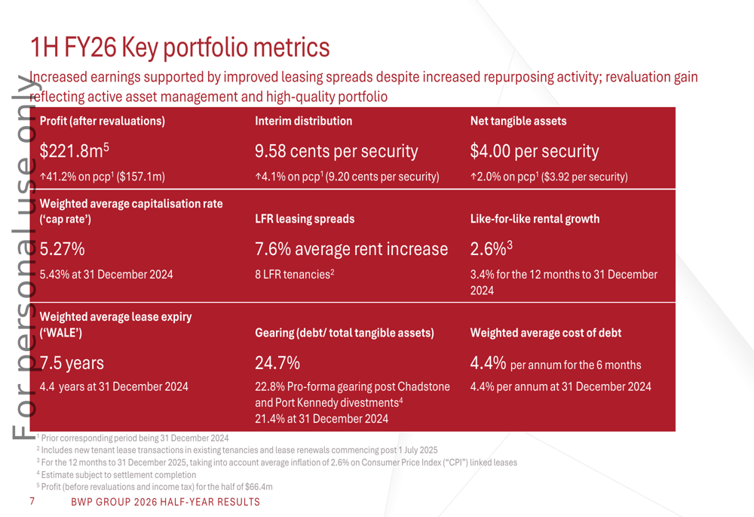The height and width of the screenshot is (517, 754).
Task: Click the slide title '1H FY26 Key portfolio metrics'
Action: pyautogui.click(x=179, y=48)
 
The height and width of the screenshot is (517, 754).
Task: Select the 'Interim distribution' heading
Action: pyautogui.click(x=303, y=121)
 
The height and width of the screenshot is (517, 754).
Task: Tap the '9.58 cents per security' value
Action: pyautogui.click(x=336, y=152)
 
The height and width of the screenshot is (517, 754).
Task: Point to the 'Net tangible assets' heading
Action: pyautogui.click(x=518, y=121)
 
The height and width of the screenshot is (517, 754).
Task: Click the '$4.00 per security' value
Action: pyautogui.click(x=535, y=152)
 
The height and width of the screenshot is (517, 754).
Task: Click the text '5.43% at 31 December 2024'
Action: pyautogui.click(x=106, y=275)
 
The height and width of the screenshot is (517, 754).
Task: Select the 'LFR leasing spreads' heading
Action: pyautogui.click(x=304, y=220)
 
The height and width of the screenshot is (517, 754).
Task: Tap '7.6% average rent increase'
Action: pyautogui.click(x=352, y=250)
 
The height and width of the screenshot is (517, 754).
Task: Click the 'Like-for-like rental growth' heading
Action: pyautogui.click(x=535, y=220)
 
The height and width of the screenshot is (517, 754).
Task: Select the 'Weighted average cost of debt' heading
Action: pyautogui.click(x=546, y=333)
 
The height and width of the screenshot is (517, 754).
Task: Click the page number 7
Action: pyautogui.click(x=31, y=502)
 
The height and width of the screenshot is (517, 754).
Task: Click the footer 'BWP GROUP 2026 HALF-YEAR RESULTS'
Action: pyautogui.click(x=165, y=503)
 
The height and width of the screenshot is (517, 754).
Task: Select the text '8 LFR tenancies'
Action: pyautogui.click(x=294, y=275)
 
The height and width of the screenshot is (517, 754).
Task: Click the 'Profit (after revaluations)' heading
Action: pyautogui.click(x=102, y=121)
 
